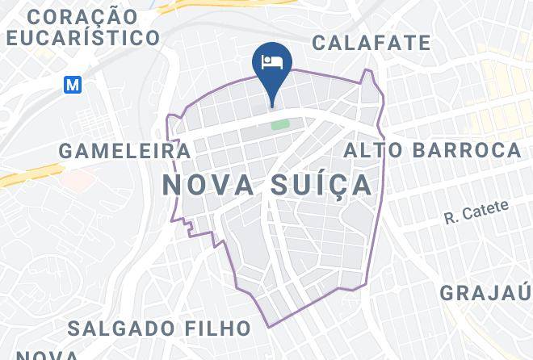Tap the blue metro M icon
(73, 84)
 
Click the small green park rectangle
(279, 125)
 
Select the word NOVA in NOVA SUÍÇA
(207, 184)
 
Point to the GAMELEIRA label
(125, 151)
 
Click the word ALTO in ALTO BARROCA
(374, 149)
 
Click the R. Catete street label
(477, 212)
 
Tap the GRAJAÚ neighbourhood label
(485, 291)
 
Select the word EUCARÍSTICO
(82, 37)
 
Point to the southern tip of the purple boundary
(269, 327)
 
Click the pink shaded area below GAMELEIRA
(74, 179)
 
